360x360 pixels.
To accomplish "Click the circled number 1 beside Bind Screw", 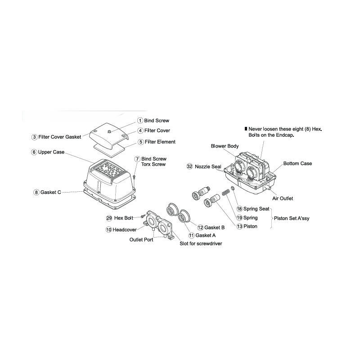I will pyautogui.click(x=140, y=121).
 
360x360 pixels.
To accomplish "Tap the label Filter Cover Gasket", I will pyautogui.click(x=60, y=137).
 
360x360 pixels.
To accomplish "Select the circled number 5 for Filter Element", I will pyautogui.click(x=140, y=142).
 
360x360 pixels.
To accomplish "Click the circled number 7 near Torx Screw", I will pyautogui.click(x=137, y=159).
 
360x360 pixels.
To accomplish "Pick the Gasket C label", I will pyautogui.click(x=50, y=192).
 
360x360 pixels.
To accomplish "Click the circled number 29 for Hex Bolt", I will pyautogui.click(x=109, y=218).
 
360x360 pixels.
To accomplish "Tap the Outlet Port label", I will pyautogui.click(x=141, y=240).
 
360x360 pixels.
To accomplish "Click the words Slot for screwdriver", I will pyautogui.click(x=201, y=243).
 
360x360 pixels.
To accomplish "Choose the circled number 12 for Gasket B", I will pyautogui.click(x=200, y=227).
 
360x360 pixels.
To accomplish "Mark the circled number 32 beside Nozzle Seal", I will pyautogui.click(x=189, y=166).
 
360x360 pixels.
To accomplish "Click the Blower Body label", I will pyautogui.click(x=225, y=146).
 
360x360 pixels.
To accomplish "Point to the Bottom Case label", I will pyautogui.click(x=297, y=163).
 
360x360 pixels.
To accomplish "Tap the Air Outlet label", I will pyautogui.click(x=283, y=198).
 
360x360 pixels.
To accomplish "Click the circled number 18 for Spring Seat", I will pyautogui.click(x=239, y=209).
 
